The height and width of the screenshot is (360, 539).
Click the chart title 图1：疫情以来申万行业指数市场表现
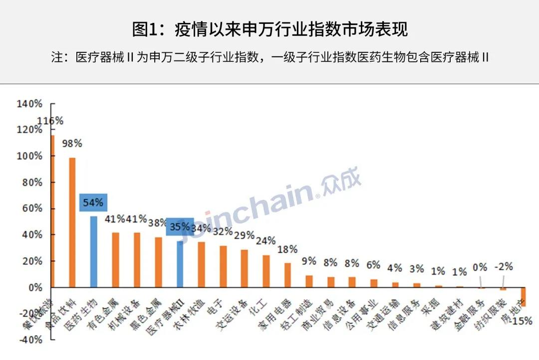coord(269,29)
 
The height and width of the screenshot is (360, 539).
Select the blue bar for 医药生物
coord(93,251)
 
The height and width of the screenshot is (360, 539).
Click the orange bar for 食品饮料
coord(72,222)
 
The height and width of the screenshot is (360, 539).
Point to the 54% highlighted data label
coord(93,202)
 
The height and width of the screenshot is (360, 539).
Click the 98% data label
coord(72,144)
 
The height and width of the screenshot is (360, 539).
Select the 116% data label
coord(50,121)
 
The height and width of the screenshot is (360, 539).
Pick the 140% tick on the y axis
coord(29,104)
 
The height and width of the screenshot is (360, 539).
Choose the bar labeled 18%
coord(287,275)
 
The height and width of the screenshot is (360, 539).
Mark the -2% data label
coord(503,267)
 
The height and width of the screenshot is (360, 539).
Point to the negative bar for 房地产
coord(524,297)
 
